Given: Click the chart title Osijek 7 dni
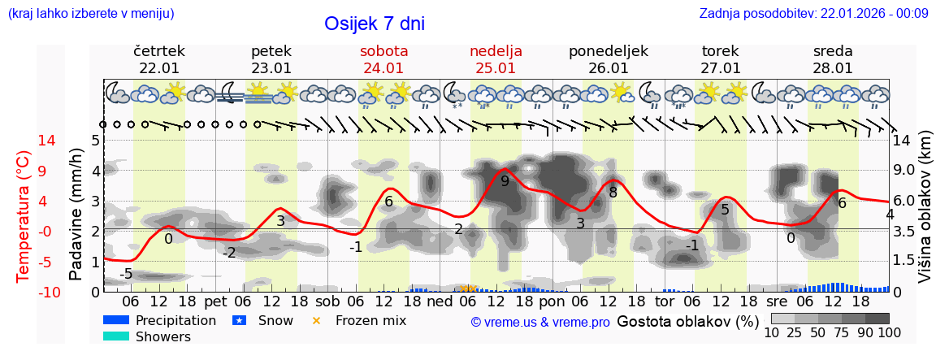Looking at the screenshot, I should tap(374, 24).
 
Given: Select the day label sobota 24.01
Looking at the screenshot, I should tap(383, 59).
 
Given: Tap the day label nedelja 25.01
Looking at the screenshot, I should tap(496, 59).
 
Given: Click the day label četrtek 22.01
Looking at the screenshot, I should tap(159, 59).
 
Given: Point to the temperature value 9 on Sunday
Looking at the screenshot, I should tap(505, 181).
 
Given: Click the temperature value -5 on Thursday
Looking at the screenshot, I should tap(126, 274).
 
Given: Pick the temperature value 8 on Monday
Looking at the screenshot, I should tap(613, 193).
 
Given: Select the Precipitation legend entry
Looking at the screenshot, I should tap(159, 320).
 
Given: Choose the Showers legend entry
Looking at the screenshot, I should tap(146, 336).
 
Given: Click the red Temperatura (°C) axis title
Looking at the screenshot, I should tap(24, 215).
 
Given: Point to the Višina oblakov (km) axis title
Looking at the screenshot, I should tap(924, 215).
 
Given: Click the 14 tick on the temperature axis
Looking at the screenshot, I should tap(24, 141).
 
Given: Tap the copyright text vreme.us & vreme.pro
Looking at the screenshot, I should tap(540, 322).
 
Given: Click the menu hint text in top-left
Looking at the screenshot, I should tap(91, 13).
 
